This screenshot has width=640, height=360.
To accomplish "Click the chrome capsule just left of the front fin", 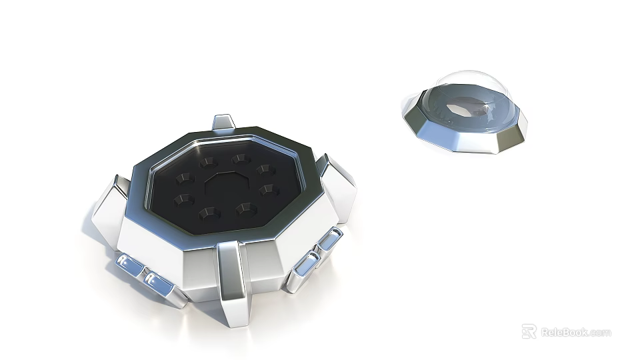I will pyautogui.click(x=159, y=283).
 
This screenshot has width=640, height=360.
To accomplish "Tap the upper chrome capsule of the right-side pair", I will pyautogui.click(x=330, y=239).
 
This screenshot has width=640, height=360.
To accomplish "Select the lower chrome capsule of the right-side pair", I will pyautogui.click(x=305, y=263).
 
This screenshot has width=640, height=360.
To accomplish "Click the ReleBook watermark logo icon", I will pyautogui.click(x=529, y=331).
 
